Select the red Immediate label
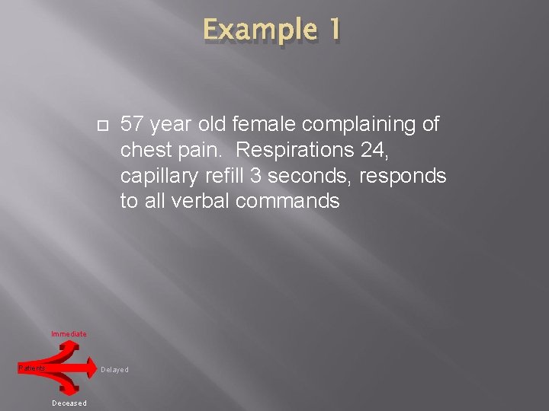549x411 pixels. coord(69,334)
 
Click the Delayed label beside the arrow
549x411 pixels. coord(114,370)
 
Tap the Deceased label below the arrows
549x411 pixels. coord(69,403)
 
